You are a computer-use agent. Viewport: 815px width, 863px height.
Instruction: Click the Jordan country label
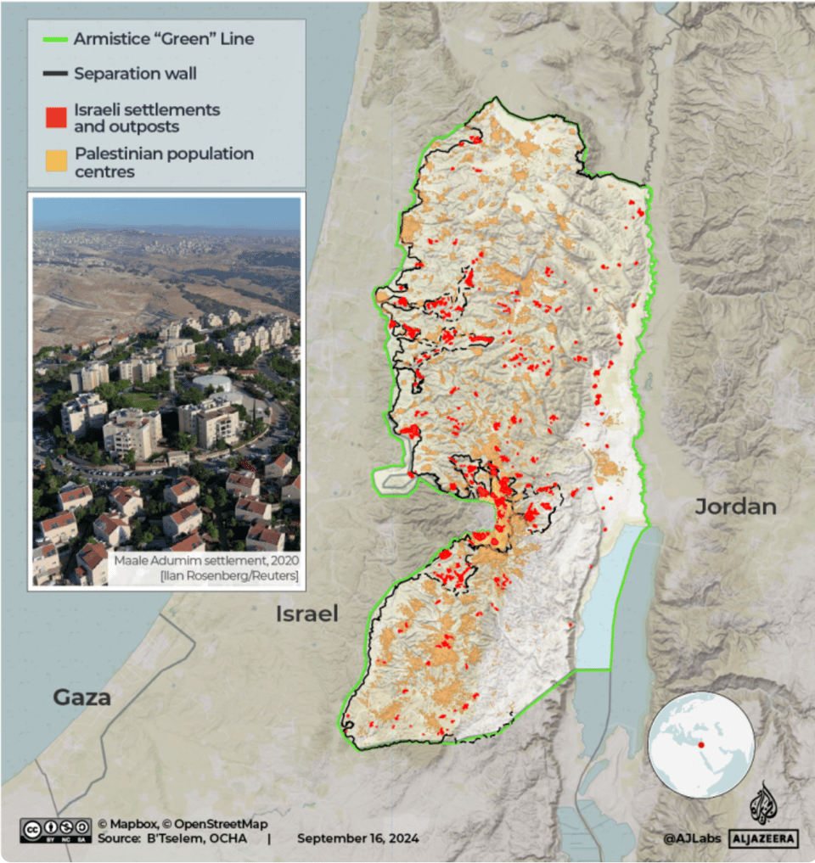click(735, 507)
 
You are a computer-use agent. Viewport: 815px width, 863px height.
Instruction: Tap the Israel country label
click(306, 614)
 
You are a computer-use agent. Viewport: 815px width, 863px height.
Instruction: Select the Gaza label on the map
click(82, 698)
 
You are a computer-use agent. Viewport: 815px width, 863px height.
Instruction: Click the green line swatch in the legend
click(55, 39)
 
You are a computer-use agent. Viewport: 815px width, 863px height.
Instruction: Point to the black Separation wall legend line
click(55, 74)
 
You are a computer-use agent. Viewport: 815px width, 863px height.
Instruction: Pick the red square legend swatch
click(56, 117)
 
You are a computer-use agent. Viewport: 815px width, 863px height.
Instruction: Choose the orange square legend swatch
click(56, 161)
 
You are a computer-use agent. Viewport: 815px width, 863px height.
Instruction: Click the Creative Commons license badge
click(56, 830)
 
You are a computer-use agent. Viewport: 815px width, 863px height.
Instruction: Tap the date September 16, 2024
click(357, 838)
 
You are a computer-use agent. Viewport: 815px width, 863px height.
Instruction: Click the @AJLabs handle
click(692, 838)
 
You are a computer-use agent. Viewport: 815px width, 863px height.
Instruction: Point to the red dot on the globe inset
click(701, 745)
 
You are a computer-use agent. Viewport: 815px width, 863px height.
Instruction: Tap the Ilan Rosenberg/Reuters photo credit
click(230, 577)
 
